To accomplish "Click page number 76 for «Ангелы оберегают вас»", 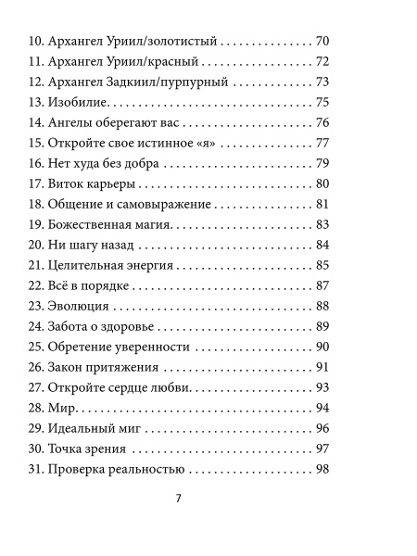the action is coord(322,123).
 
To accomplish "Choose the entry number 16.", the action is coord(36,164).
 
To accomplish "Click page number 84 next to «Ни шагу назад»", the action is coord(322,245).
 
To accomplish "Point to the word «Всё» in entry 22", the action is coord(64,285).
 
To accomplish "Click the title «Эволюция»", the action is coord(80,306).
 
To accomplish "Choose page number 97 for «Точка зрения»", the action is coord(322,449).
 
